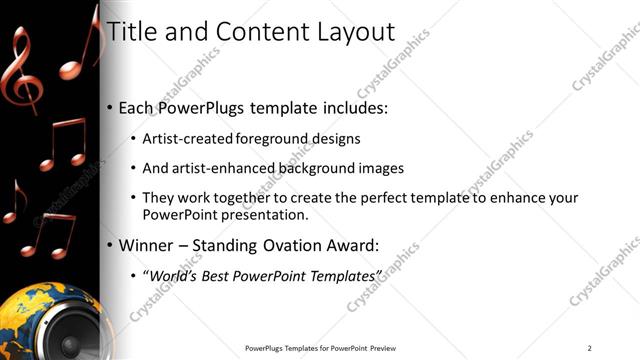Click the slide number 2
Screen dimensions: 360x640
click(x=590, y=348)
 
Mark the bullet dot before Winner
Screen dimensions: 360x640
click(x=109, y=244)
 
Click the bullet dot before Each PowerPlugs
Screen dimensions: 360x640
click(x=109, y=107)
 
